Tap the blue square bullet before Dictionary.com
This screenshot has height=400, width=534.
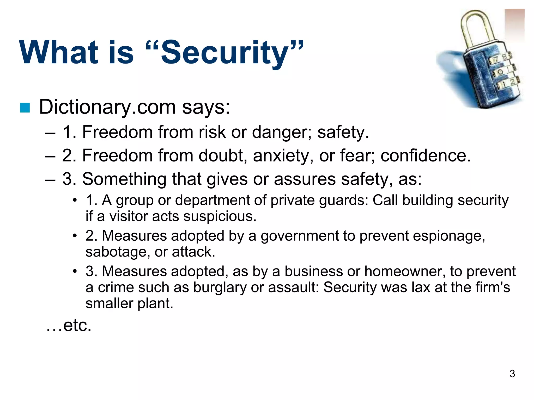click(x=25, y=108)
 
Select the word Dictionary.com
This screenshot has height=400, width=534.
click(x=107, y=107)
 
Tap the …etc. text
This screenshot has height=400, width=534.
click(x=69, y=325)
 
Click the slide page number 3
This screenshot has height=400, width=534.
click(x=512, y=374)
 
